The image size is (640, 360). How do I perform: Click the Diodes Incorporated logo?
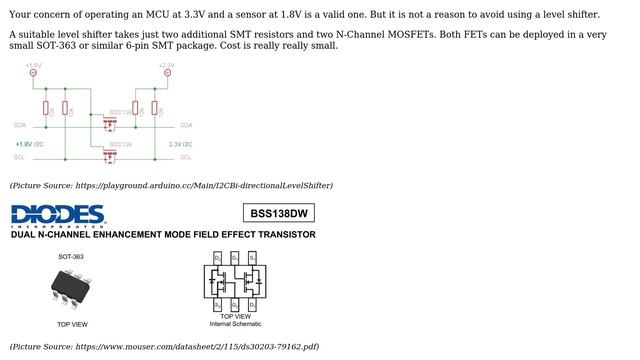click(58, 215)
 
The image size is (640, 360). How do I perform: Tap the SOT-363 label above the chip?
click(71, 257)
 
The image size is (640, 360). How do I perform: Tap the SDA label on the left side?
click(20, 125)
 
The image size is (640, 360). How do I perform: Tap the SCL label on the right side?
click(186, 157)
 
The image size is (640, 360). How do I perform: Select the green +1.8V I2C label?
click(30, 144)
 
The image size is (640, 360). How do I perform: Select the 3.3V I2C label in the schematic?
click(180, 144)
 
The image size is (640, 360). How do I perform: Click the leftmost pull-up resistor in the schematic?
click(46, 107)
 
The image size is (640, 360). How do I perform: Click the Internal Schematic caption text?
click(235, 324)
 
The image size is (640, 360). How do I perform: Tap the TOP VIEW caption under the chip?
click(71, 324)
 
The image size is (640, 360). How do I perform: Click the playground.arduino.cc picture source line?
click(171, 185)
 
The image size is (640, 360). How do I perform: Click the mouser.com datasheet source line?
click(164, 346)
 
